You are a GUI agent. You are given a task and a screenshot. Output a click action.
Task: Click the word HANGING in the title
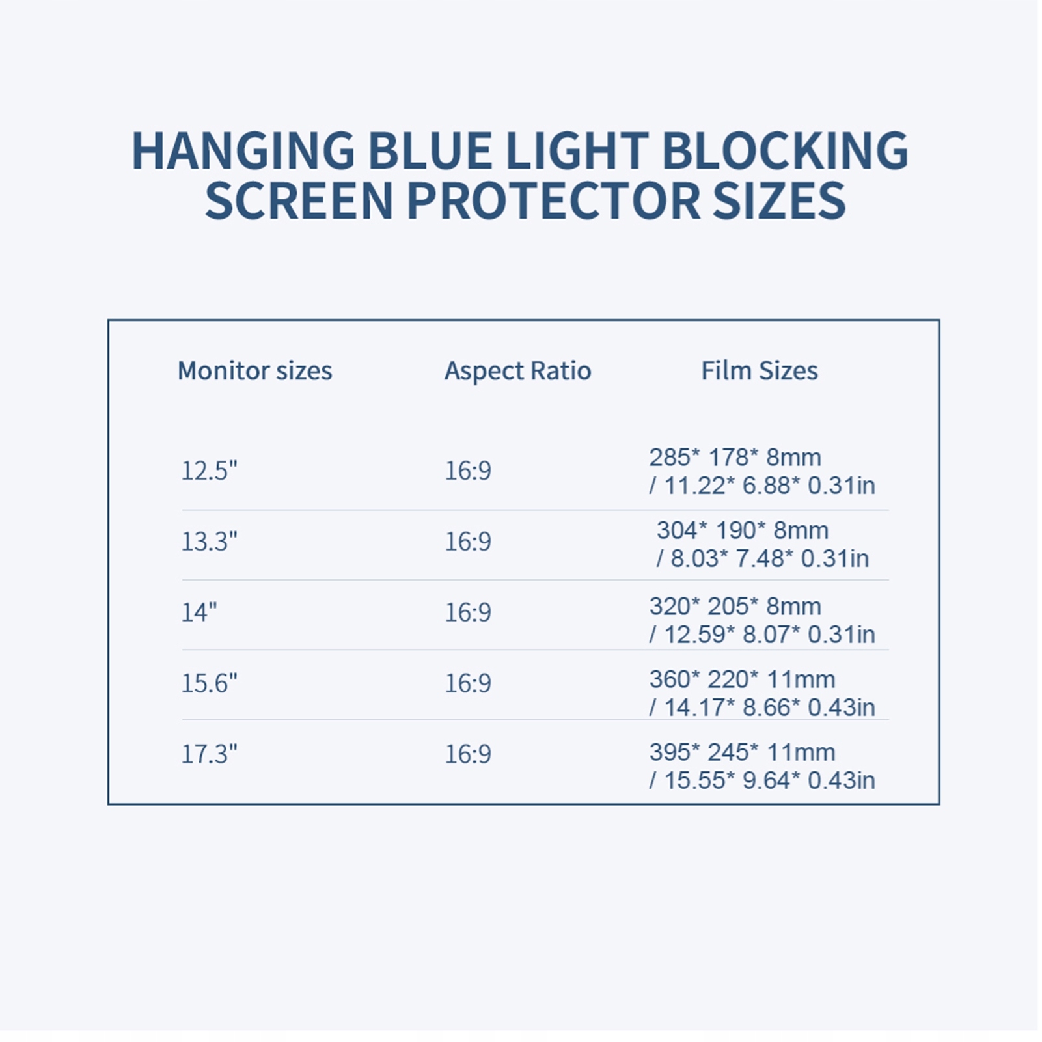(244, 151)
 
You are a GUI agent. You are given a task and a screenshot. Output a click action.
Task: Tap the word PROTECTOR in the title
(553, 200)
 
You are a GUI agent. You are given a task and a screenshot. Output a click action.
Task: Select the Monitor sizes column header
(255, 371)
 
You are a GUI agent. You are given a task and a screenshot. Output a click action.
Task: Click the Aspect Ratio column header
(518, 371)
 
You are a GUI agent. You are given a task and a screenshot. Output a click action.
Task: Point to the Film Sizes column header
(760, 371)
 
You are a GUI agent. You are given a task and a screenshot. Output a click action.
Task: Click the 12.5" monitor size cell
(209, 471)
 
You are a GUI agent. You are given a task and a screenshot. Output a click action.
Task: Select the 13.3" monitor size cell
(209, 542)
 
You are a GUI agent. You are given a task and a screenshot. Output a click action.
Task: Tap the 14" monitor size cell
(199, 612)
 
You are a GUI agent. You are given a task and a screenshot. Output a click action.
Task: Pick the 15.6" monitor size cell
(209, 683)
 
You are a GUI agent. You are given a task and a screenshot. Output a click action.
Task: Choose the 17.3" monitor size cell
(209, 754)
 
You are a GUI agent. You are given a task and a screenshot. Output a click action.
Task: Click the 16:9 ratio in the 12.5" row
(468, 471)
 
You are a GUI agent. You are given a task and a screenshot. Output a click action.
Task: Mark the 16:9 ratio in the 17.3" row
(468, 754)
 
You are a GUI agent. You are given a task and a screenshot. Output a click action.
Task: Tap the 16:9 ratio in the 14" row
(468, 612)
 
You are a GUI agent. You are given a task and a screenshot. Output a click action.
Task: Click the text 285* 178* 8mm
(735, 458)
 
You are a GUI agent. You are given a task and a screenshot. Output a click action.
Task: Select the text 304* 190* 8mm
(743, 530)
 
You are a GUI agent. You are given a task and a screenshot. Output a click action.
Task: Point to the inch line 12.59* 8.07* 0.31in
(769, 635)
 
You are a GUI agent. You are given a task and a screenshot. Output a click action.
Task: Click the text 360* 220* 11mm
(742, 679)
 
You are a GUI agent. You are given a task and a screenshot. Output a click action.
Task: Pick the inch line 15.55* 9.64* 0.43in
(769, 780)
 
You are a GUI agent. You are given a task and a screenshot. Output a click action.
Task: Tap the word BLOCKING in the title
(785, 151)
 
